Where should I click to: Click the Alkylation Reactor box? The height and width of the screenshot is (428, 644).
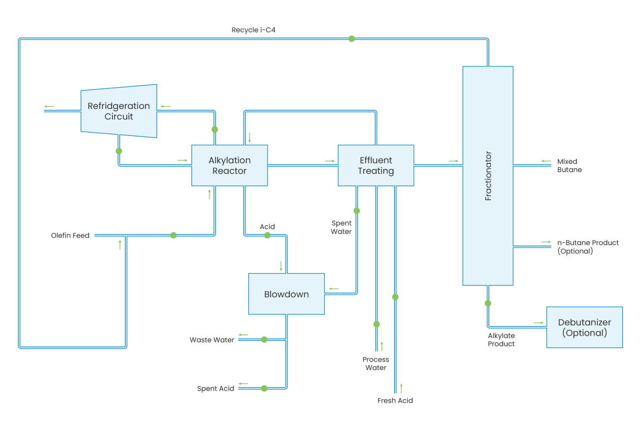click(x=229, y=166)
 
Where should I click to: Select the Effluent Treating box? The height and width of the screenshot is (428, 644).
click(x=376, y=166)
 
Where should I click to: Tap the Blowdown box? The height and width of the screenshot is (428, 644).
click(x=286, y=294)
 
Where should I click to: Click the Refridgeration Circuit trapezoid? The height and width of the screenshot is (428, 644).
click(x=119, y=111)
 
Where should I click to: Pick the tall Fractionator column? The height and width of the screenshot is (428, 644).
click(x=488, y=176)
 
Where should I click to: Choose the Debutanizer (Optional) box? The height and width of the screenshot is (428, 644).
click(x=584, y=327)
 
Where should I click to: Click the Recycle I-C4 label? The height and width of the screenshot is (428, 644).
click(x=253, y=30)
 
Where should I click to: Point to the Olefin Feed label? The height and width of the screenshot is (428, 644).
click(x=70, y=236)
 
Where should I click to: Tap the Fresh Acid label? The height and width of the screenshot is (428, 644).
click(x=395, y=401)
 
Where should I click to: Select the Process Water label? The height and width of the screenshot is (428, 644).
click(x=376, y=363)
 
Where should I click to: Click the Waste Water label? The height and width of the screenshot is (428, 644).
click(x=212, y=340)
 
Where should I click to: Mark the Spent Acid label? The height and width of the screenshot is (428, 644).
click(x=216, y=389)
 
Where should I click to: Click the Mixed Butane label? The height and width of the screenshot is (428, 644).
click(x=569, y=166)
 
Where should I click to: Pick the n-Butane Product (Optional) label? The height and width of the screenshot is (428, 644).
click(x=587, y=246)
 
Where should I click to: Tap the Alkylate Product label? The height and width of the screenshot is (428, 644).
click(x=501, y=340)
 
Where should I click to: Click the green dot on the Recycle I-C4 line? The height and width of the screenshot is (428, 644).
click(x=351, y=39)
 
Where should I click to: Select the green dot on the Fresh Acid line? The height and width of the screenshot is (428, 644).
click(x=395, y=297)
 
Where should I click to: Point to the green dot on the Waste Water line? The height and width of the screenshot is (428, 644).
click(x=264, y=340)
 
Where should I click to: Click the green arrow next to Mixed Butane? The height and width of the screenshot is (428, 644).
click(x=546, y=161)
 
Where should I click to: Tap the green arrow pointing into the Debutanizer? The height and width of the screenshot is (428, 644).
click(x=538, y=323)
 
